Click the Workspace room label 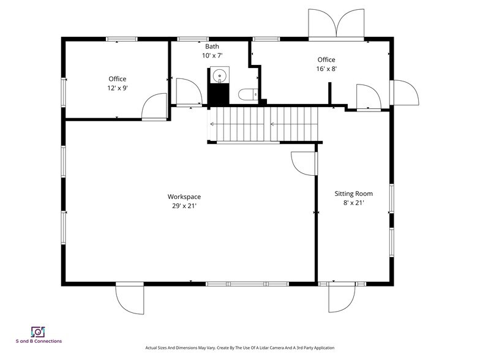[184, 197]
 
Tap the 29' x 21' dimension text [184, 206]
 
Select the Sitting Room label [354, 193]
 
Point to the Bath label [212, 47]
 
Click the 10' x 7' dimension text [212, 55]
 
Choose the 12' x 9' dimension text [118, 88]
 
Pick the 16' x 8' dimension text [326, 69]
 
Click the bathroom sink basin [219, 75]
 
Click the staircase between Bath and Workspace [263, 124]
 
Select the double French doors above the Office [336, 24]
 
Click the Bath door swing [189, 92]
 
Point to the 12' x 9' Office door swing [154, 106]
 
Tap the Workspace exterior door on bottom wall [130, 299]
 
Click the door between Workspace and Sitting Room [304, 163]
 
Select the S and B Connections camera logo [38, 332]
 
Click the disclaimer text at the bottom [240, 348]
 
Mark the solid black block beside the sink [219, 95]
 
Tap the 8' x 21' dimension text [354, 203]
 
